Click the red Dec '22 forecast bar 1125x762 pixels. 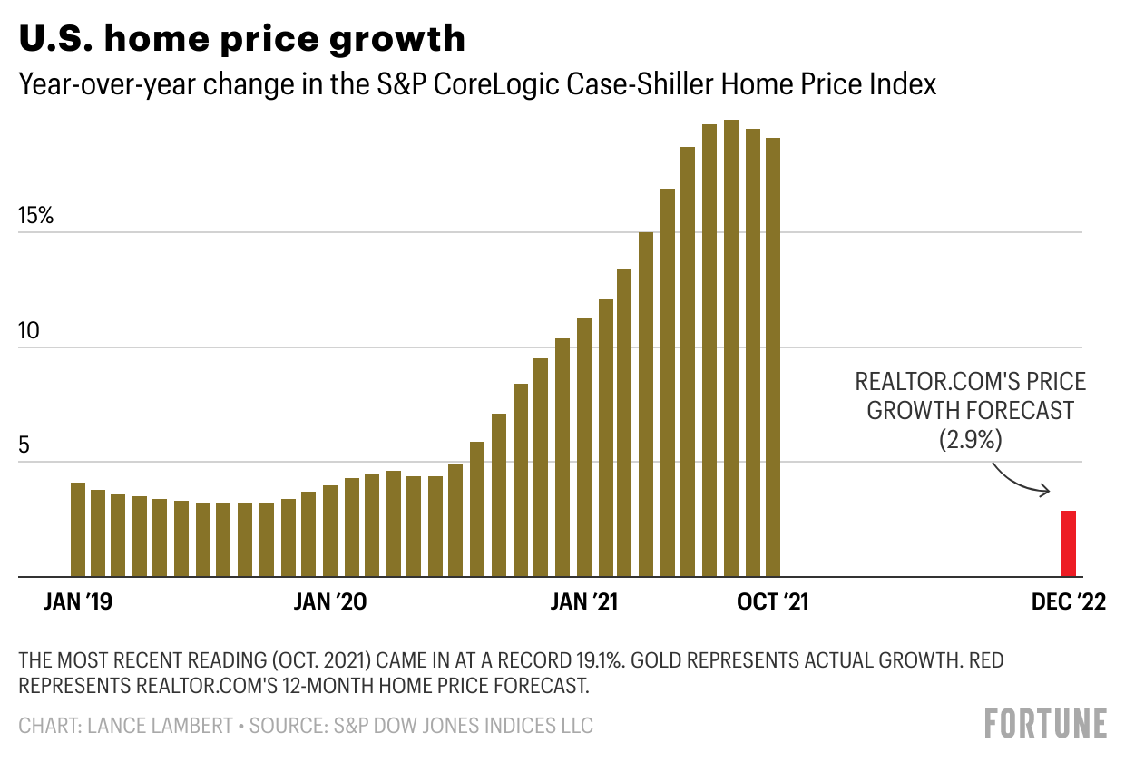point(1069,543)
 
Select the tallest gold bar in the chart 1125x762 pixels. point(730,348)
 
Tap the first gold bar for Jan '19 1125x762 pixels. point(78,530)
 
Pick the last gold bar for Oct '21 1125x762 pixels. point(773,357)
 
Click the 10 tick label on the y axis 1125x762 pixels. point(30,331)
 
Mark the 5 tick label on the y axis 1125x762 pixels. point(25,445)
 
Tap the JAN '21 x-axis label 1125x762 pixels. point(585,602)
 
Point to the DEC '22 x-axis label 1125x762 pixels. point(1069,602)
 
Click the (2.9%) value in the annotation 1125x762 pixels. point(970,440)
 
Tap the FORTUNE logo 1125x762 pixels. point(1045,724)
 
